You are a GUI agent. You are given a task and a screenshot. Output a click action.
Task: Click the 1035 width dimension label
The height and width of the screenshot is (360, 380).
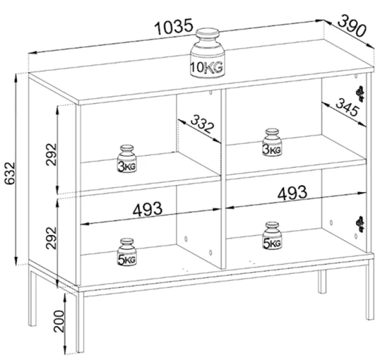tap(174, 26)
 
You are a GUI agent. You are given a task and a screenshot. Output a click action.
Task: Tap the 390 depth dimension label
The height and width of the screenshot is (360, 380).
tap(352, 26)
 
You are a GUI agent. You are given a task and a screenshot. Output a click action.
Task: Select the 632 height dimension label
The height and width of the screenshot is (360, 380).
tap(10, 173)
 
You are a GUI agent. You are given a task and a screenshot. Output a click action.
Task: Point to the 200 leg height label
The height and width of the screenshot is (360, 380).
tap(59, 321)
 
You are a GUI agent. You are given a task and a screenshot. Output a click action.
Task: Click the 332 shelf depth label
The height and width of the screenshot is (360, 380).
tap(202, 124)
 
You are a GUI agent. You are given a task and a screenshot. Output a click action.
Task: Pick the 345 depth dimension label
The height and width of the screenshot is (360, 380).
tap(347, 107)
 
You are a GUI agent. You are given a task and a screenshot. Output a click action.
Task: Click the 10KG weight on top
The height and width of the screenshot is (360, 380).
tap(207, 53)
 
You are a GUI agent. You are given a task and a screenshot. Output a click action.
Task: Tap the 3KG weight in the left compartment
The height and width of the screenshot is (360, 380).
tap(127, 159)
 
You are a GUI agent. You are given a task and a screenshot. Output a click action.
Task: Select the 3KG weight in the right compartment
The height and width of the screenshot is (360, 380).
tap(272, 142)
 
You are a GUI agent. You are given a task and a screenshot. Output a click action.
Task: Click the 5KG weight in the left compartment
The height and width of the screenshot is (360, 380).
tap(126, 252)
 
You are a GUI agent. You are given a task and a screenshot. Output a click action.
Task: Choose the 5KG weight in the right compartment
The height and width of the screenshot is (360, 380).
tap(272, 236)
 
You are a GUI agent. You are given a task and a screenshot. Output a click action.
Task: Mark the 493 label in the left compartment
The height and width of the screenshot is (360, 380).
tap(147, 209)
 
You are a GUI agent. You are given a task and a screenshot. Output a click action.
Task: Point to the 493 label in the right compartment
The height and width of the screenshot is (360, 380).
tap(292, 193)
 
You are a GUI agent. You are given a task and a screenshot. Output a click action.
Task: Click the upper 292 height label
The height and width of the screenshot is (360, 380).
tap(51, 154)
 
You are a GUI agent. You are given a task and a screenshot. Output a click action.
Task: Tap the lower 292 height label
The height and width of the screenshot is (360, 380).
tap(51, 238)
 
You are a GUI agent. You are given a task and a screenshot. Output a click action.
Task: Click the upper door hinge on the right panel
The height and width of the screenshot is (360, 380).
tap(360, 94)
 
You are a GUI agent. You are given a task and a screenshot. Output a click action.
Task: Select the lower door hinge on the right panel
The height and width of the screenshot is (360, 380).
tap(360, 224)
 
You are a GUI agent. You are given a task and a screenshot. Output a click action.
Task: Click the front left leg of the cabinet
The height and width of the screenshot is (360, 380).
tap(80, 321)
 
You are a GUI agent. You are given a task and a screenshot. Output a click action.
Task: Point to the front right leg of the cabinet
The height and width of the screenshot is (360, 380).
tap(370, 289)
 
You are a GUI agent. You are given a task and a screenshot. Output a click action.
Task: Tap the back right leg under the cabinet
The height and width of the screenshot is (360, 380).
tap(322, 281)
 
